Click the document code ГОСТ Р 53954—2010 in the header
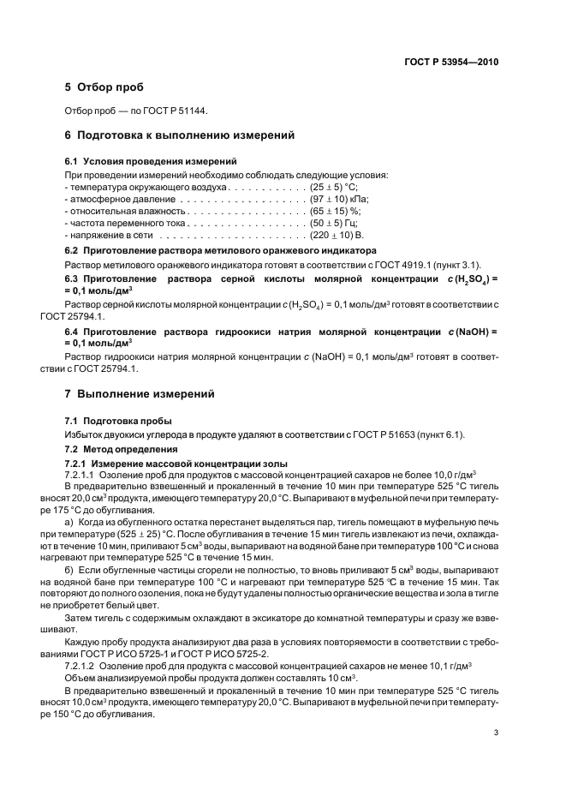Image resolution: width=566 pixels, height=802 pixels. coord(451,62)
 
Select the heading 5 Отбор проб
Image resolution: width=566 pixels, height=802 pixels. coord(104,87)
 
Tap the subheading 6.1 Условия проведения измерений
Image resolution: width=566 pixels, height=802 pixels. coord(152,161)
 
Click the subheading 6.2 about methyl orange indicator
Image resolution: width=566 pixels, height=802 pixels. coord(221,250)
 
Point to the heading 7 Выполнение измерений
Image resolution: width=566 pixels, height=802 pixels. coord(140,394)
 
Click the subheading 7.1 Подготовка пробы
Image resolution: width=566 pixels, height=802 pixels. coord(119,421)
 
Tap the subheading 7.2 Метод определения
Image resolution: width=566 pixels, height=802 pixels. coord(122,449)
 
